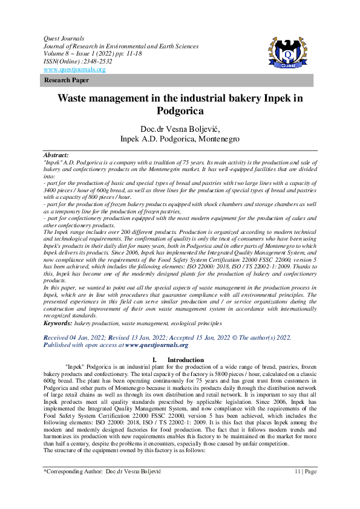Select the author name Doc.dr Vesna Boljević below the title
179,129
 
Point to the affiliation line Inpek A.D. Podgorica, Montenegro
179,139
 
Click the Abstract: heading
56,155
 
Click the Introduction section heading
186,360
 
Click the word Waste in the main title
76,99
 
